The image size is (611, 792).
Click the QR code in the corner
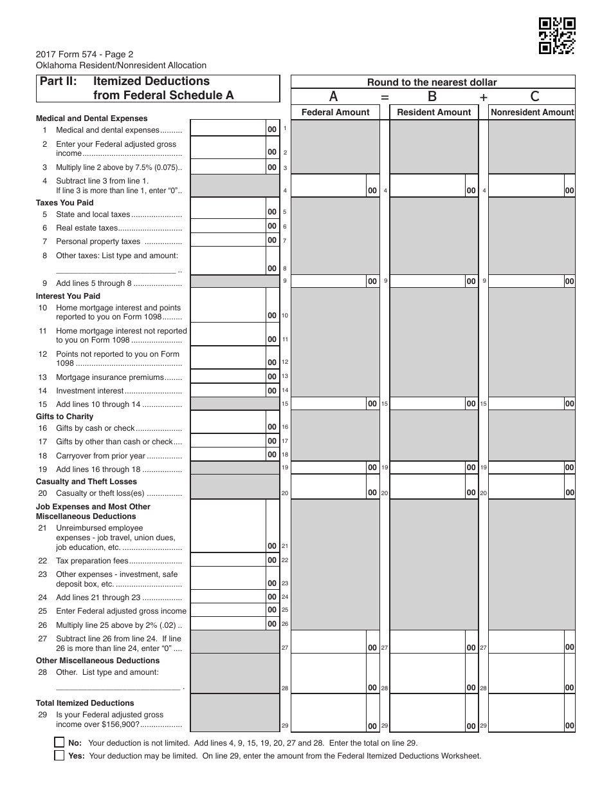click(557, 36)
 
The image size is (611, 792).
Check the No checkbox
click(60, 742)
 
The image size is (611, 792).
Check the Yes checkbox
click(60, 756)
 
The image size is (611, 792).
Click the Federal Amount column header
click(335, 112)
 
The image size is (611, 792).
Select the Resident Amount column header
click(434, 112)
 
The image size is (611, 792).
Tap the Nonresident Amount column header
click(532, 112)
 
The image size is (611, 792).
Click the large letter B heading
click(432, 97)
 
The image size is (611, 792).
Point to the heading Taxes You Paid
click(64, 203)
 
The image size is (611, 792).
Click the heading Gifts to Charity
click(64, 417)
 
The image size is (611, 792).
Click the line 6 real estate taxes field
click(228, 227)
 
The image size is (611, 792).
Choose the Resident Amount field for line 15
click(427, 404)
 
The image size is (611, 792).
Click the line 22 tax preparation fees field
click(228, 560)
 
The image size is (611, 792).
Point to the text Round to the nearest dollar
click(432, 82)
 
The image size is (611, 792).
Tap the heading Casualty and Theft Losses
click(86, 482)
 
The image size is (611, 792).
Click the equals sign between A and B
click(385, 97)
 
